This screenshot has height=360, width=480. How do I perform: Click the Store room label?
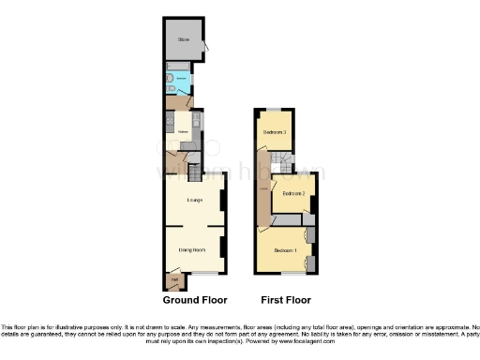[184, 39]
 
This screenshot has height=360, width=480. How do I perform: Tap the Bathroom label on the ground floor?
[178, 78]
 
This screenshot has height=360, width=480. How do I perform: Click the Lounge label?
[194, 201]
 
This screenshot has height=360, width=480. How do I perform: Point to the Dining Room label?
[192, 250]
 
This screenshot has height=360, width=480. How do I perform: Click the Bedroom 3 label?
[274, 132]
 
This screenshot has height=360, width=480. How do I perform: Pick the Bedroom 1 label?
[285, 250]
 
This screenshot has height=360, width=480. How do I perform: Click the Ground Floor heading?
[194, 301]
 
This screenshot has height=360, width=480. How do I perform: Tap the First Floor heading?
[286, 301]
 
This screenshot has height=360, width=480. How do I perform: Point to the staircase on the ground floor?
[195, 172]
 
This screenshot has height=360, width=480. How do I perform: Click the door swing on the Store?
[204, 47]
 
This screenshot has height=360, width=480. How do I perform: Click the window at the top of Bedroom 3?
[274, 112]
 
